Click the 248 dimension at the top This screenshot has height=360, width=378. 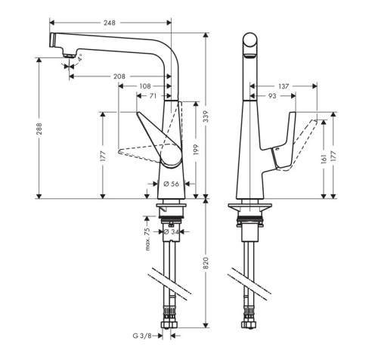(x=110, y=23)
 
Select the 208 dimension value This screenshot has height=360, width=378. (x=119, y=76)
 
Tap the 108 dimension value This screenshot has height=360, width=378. (x=144, y=86)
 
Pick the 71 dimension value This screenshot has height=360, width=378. (x=153, y=97)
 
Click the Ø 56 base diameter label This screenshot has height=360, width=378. (x=171, y=183)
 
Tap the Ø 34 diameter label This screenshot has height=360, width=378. (x=171, y=231)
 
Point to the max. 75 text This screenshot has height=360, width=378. (x=147, y=237)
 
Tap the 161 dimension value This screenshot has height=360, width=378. (x=324, y=160)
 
